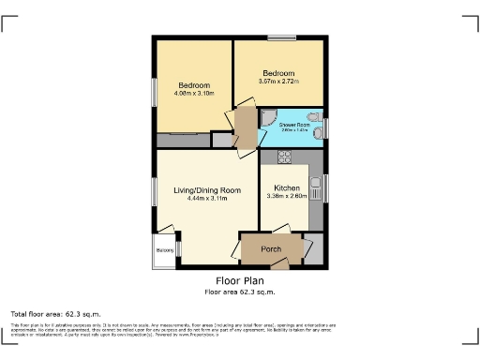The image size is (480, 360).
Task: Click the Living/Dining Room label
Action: [x=207, y=190]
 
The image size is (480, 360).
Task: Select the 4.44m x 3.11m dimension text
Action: [x=207, y=199]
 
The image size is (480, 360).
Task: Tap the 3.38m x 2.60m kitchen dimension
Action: [x=287, y=196]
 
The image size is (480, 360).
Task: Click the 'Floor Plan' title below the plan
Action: [x=240, y=280]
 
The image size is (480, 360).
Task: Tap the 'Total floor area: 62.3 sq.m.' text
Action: [x=55, y=312]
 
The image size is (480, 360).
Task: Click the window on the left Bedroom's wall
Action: [x=155, y=92]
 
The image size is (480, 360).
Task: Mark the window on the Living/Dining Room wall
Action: [x=155, y=191]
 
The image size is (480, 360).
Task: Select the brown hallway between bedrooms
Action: [x=245, y=125]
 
